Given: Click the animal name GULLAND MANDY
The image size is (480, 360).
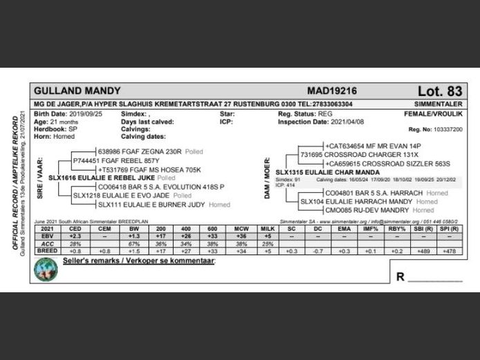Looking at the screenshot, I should click(77, 91).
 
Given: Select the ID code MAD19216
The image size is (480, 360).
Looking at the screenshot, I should click(332, 91).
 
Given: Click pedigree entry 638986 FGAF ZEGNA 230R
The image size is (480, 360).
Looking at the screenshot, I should click(139, 150).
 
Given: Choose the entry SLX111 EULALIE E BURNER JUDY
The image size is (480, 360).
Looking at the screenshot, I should click(152, 205).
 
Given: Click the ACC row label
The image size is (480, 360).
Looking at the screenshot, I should click(46, 243).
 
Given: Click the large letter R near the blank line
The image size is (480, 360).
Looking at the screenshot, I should click(400, 277).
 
